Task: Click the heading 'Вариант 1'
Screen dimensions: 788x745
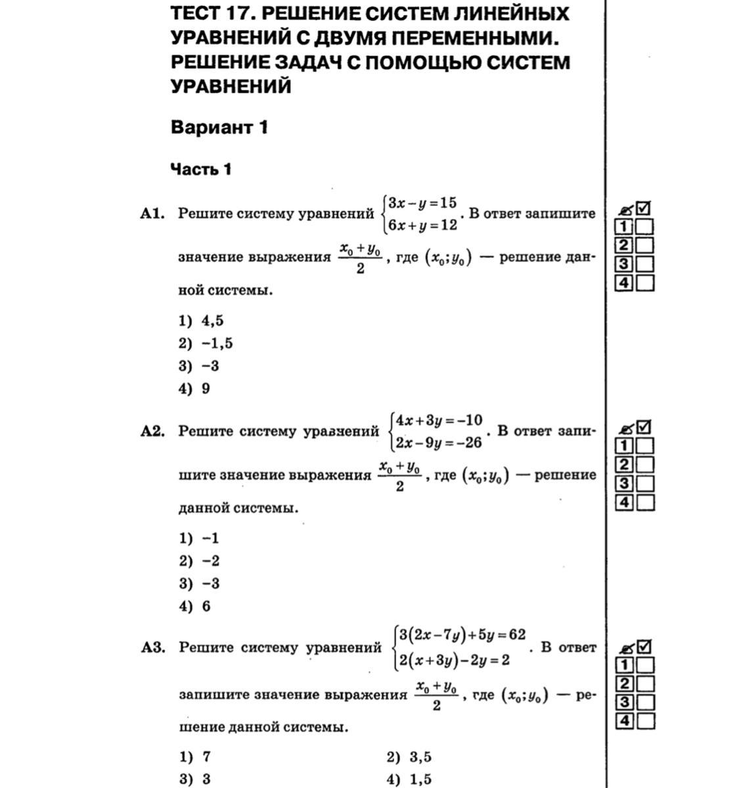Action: pyautogui.click(x=219, y=127)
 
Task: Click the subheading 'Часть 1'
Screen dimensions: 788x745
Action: pyautogui.click(x=200, y=169)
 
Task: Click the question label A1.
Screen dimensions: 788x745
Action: pyautogui.click(x=152, y=213)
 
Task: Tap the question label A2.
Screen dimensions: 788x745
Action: pyautogui.click(x=152, y=431)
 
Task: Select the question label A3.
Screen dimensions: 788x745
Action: pyautogui.click(x=152, y=647)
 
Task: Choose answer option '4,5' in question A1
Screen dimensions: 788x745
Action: pyautogui.click(x=212, y=320)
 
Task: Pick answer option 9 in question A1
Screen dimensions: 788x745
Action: pyautogui.click(x=206, y=388)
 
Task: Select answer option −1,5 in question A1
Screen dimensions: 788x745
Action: pyautogui.click(x=217, y=343)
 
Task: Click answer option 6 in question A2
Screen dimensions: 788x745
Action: pyautogui.click(x=206, y=606)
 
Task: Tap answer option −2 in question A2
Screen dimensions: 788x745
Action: pyautogui.click(x=210, y=561)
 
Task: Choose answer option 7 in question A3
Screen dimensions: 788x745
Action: pyautogui.click(x=206, y=756)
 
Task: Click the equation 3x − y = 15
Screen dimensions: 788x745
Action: pyautogui.click(x=422, y=202)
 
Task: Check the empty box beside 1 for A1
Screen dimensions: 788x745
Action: pyautogui.click(x=645, y=227)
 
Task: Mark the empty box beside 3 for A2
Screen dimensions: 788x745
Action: pyautogui.click(x=645, y=484)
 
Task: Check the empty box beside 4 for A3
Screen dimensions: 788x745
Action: pyautogui.click(x=645, y=721)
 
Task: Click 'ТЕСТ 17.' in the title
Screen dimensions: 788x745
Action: pyautogui.click(x=209, y=13)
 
